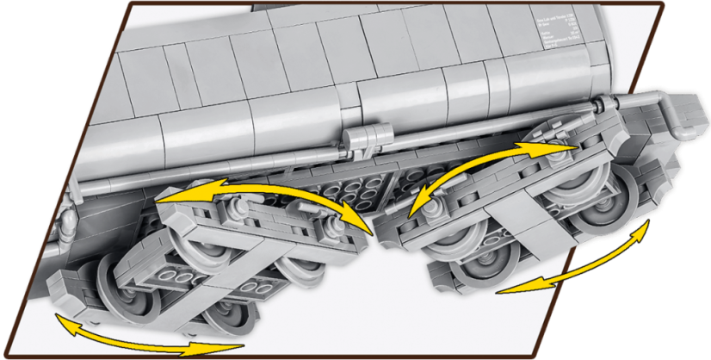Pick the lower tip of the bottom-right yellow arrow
[x=498, y=290]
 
